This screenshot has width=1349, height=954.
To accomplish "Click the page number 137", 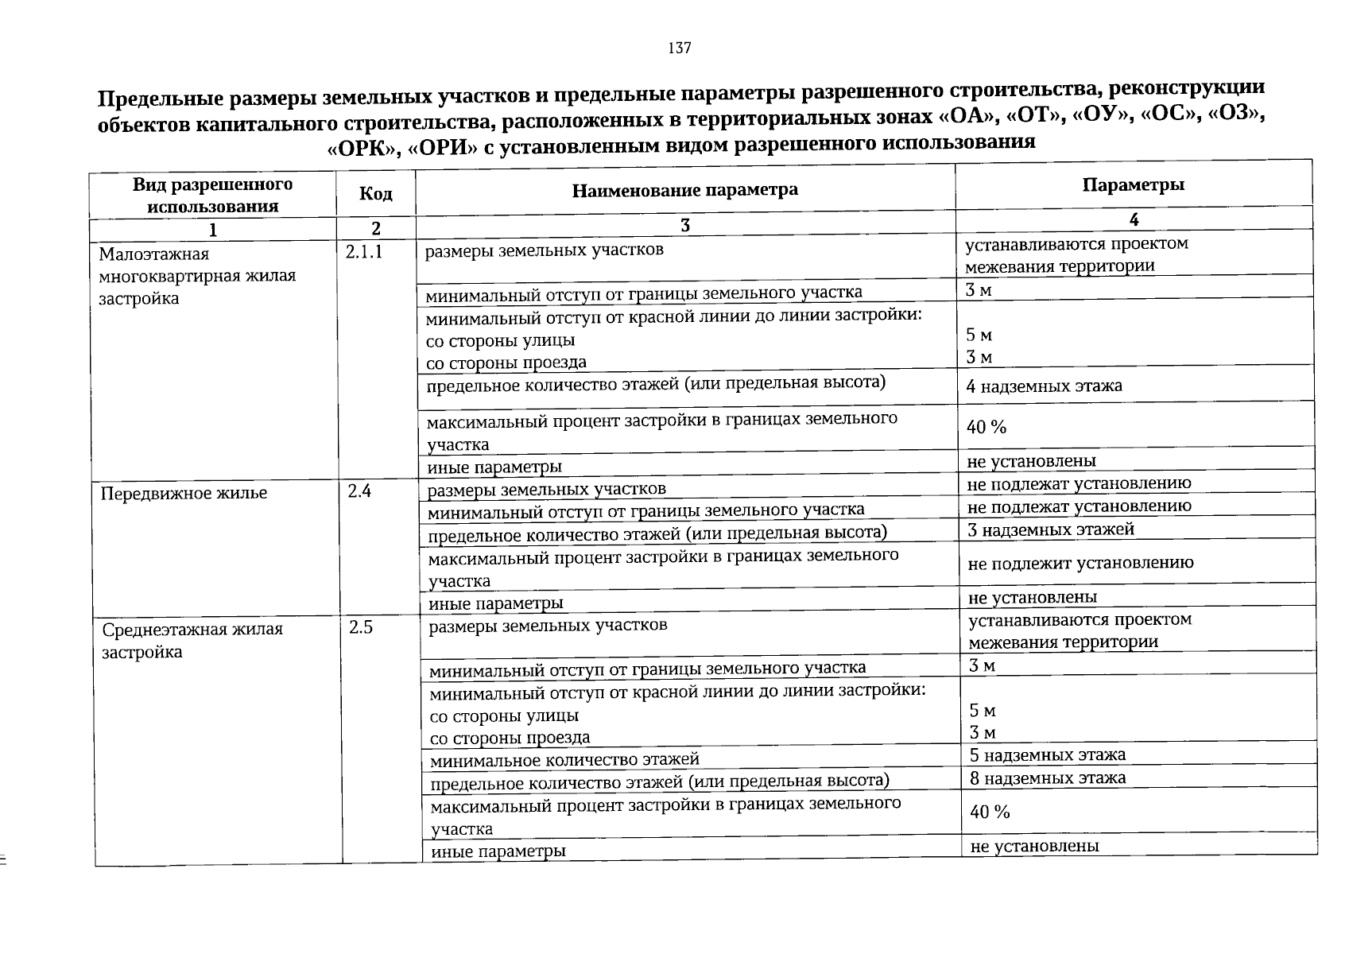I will (x=680, y=48).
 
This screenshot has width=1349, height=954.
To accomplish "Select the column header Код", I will (x=375, y=193).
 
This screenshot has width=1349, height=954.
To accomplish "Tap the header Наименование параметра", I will (x=684, y=190).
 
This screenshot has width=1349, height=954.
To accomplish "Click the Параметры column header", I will (x=1133, y=185).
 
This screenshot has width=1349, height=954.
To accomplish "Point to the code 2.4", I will (x=359, y=491).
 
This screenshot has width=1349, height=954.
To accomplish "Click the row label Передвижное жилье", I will (x=184, y=494).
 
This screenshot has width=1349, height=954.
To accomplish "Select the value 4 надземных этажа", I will (x=1044, y=386).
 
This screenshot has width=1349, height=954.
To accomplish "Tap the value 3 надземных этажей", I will (x=1051, y=529).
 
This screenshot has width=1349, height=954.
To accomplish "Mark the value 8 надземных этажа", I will (x=1048, y=778).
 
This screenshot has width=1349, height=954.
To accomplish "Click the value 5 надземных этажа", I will (x=1048, y=754).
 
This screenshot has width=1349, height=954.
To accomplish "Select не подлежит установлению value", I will (x=1080, y=564).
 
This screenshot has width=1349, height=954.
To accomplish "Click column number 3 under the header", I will (x=685, y=226).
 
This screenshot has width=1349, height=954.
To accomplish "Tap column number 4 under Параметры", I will (x=1134, y=219).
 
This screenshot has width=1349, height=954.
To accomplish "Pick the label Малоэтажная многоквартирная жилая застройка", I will (x=197, y=276).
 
